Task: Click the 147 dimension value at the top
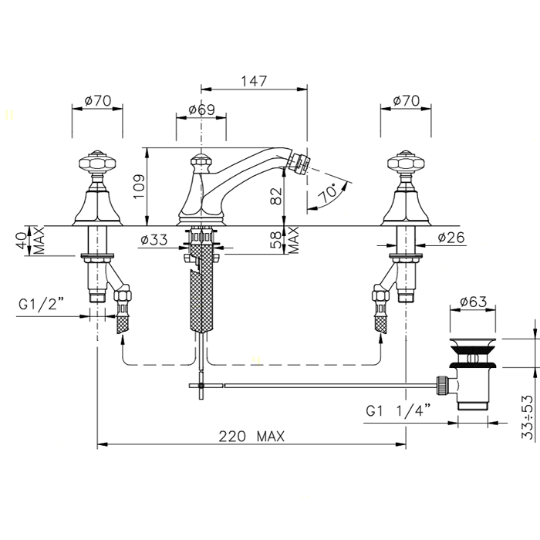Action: click(x=254, y=81)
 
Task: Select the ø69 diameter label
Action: click(x=201, y=110)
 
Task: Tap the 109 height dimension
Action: click(x=139, y=187)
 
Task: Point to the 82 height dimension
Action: click(x=276, y=196)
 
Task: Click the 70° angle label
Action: click(x=328, y=193)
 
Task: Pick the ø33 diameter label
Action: click(x=154, y=239)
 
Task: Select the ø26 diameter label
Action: click(x=451, y=238)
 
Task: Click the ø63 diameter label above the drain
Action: click(x=474, y=302)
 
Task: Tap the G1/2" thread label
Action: click(x=42, y=305)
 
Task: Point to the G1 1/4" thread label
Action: click(x=398, y=410)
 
